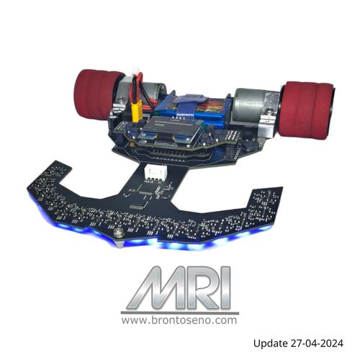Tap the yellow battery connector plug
(135, 109)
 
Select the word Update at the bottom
(272, 343)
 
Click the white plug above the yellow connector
(135, 73)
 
